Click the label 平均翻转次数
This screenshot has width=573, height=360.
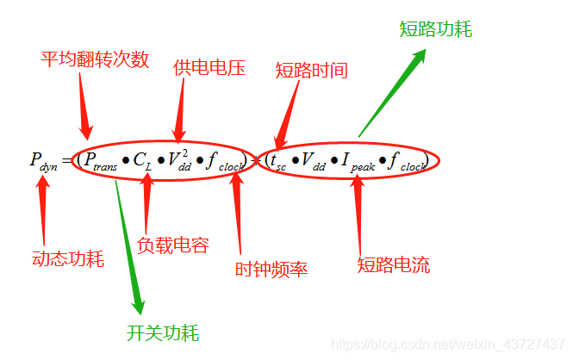click(x=96, y=59)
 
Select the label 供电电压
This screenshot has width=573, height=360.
click(x=209, y=68)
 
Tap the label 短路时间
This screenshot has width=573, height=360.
click(x=311, y=71)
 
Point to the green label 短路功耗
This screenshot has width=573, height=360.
click(x=436, y=29)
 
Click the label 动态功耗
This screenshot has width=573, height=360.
click(x=68, y=258)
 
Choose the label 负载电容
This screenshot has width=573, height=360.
click(x=173, y=245)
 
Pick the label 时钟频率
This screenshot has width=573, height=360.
click(x=271, y=269)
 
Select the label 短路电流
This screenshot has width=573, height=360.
click(x=393, y=264)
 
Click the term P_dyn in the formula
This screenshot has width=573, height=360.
click(x=43, y=161)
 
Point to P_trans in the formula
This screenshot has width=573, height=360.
click(x=99, y=161)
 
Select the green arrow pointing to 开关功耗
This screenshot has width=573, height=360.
click(x=128, y=241)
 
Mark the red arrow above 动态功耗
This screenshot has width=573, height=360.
click(x=43, y=204)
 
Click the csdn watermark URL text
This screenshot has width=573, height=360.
click(x=445, y=344)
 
